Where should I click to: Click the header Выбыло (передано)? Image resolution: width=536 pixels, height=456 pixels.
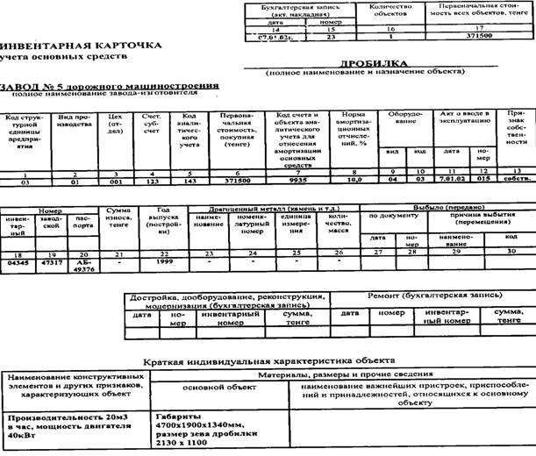click(447, 207)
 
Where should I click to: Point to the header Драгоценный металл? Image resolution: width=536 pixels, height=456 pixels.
click(272, 207)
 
